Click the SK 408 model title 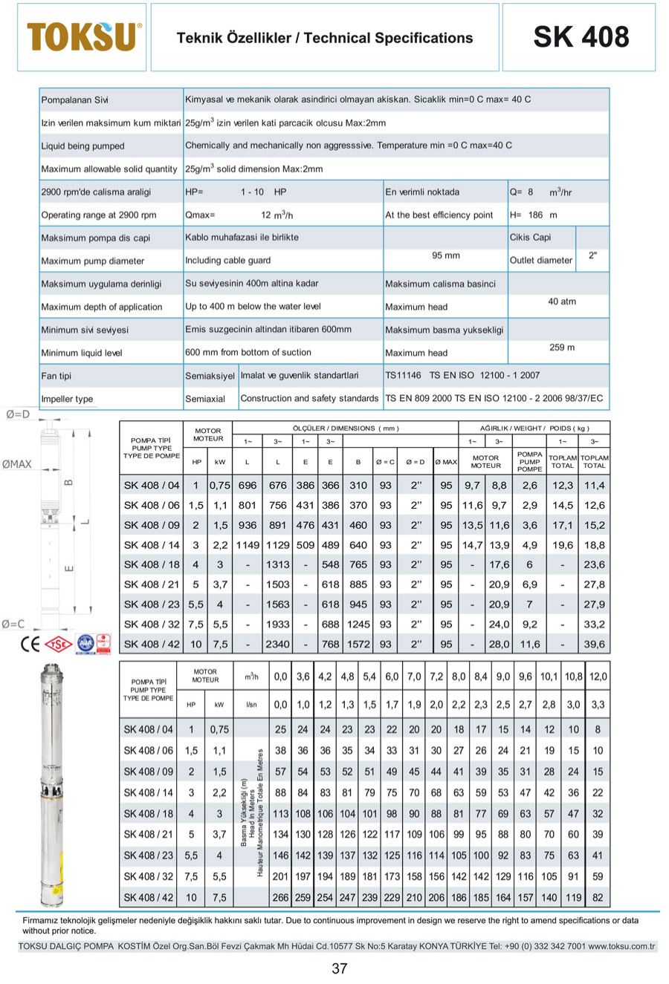581,37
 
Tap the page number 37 340,968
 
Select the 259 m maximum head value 562,348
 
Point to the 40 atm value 562,302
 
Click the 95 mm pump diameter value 446,255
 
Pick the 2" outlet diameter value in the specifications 592,255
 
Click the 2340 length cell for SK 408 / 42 277,645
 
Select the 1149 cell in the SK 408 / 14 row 247,545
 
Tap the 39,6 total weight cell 594,645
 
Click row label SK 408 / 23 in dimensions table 152,605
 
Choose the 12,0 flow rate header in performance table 598,677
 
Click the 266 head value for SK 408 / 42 280,897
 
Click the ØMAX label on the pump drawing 17,464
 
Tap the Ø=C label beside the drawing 13,624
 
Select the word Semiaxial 205,399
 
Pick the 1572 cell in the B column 358,645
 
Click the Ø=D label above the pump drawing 18,414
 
